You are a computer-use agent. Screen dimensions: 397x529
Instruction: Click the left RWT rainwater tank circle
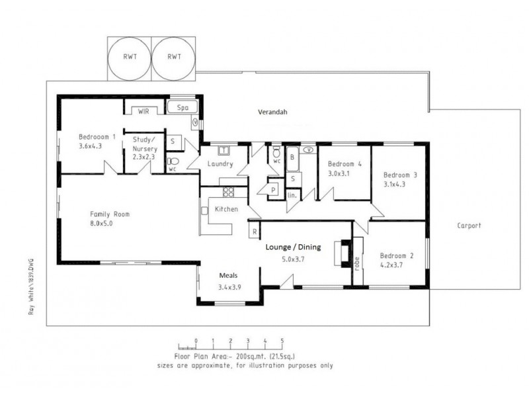(x=130, y=57)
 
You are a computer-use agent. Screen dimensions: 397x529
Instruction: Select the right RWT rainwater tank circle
(x=174, y=57)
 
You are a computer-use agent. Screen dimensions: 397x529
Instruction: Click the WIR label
(x=143, y=111)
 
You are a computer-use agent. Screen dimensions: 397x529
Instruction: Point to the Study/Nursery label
(x=143, y=144)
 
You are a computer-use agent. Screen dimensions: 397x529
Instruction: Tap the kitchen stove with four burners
(x=228, y=193)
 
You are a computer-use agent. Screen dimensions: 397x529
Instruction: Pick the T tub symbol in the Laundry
(x=224, y=150)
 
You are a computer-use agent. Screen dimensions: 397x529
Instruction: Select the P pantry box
(x=273, y=191)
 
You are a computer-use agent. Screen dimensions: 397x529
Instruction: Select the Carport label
(x=469, y=226)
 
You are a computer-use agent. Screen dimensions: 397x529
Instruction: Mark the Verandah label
(x=273, y=112)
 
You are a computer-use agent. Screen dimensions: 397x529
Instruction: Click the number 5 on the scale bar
(x=282, y=341)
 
